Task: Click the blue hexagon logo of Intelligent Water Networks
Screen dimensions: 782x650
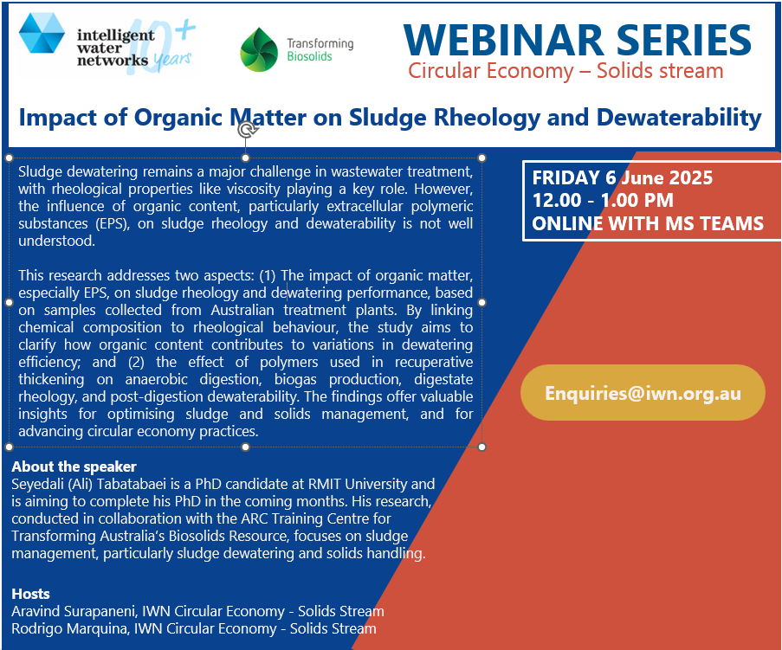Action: pyautogui.click(x=42, y=33)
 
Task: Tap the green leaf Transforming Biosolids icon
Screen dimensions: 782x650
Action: pyautogui.click(x=259, y=50)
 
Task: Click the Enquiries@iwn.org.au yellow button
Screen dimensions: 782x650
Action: pyautogui.click(x=643, y=393)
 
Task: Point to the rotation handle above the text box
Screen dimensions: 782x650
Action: pyautogui.click(x=246, y=130)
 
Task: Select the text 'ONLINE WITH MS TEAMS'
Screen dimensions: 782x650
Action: pyautogui.click(x=648, y=223)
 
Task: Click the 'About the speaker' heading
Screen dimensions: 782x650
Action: pyautogui.click(x=74, y=467)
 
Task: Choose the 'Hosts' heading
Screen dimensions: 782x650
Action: pyautogui.click(x=31, y=594)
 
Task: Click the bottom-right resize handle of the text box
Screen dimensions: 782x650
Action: pyautogui.click(x=481, y=447)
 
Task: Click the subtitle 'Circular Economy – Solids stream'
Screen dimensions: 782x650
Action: pyautogui.click(x=566, y=71)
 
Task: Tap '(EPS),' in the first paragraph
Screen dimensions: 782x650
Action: pyautogui.click(x=113, y=224)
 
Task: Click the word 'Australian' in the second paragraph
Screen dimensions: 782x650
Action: pyautogui.click(x=242, y=310)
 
